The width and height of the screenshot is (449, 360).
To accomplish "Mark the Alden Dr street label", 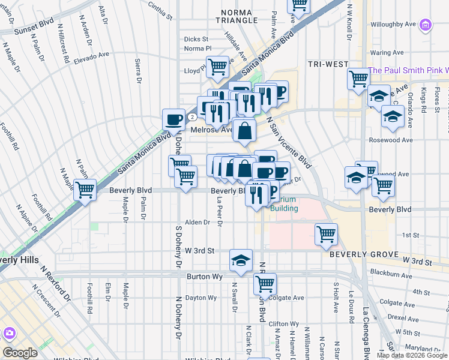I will [198, 222].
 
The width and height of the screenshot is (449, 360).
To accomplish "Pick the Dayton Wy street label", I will [200, 298].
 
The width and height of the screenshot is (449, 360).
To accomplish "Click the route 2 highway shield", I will [191, 116].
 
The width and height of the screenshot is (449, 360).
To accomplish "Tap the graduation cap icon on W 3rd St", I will [241, 260].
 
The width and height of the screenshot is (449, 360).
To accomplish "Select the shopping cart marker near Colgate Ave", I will [265, 284].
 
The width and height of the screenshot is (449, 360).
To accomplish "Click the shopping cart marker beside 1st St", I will [326, 233].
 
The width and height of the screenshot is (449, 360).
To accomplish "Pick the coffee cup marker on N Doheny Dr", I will [174, 118].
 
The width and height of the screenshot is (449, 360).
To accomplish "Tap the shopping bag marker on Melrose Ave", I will [244, 130].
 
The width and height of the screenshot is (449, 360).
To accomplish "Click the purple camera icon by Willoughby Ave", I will [426, 25].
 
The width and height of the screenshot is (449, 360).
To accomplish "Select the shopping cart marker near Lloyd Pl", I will [217, 66].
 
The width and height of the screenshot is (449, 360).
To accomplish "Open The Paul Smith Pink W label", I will [408, 70].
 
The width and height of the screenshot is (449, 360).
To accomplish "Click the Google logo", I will [20, 352].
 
